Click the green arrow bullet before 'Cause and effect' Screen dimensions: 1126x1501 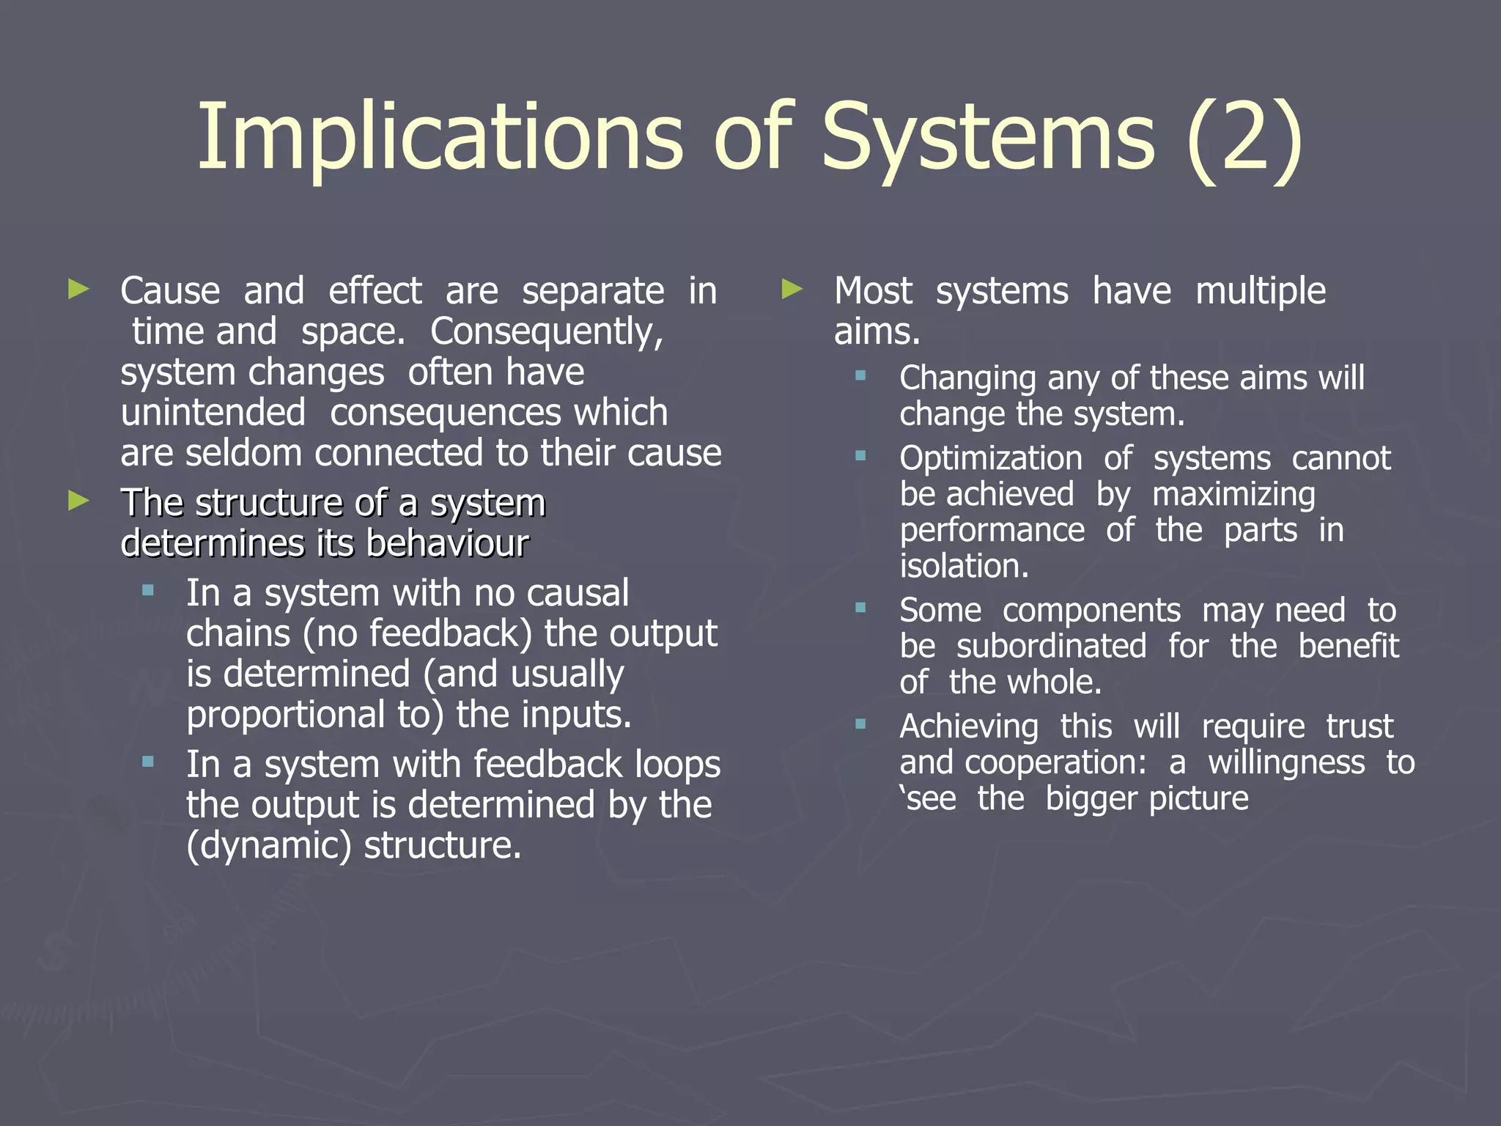78,289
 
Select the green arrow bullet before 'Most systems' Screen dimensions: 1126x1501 792,289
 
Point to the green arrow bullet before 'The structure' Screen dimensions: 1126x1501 78,501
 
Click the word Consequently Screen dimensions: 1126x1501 547,331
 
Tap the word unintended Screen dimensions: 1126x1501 213,412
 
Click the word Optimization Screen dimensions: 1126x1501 991,459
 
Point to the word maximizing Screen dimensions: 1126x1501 1233,495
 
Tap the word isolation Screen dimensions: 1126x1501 964,566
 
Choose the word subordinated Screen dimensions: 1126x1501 1052,647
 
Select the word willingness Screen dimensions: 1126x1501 1287,762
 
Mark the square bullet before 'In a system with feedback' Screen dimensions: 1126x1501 148,762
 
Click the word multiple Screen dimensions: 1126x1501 1261,291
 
